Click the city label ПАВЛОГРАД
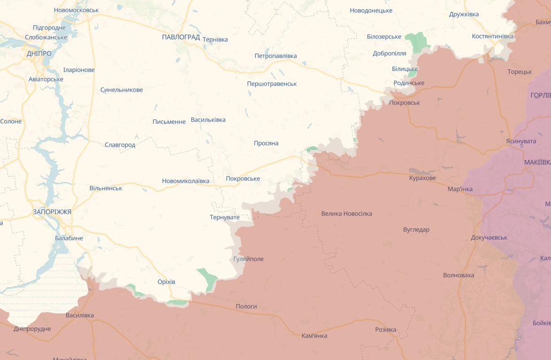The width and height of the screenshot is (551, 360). (181, 37)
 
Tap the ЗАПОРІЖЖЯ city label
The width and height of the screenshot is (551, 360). (52, 212)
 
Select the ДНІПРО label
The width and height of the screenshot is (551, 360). (39, 54)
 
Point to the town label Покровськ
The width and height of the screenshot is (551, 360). (405, 102)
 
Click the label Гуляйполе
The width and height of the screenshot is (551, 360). (248, 259)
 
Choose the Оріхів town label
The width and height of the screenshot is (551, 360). (166, 282)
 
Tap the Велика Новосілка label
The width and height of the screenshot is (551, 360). (346, 214)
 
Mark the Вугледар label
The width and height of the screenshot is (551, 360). (416, 230)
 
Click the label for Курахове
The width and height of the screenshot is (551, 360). (422, 178)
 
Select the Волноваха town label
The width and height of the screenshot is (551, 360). (458, 275)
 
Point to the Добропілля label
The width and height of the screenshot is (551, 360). (389, 53)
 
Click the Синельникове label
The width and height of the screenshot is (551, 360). (122, 90)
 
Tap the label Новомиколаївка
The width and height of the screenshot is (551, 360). (186, 181)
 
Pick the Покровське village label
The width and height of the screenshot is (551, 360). (243, 179)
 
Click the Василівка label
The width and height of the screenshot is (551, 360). (80, 315)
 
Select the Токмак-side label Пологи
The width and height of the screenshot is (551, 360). (246, 306)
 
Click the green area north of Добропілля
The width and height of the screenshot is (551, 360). (417, 41)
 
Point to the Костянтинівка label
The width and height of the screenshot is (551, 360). (493, 36)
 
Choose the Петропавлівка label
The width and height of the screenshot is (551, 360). (275, 56)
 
